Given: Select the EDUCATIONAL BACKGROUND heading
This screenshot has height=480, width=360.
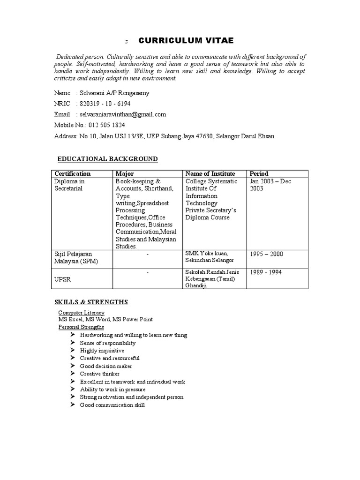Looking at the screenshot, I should click(x=107, y=159).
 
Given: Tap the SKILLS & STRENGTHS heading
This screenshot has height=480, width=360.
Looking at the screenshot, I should click(x=91, y=302).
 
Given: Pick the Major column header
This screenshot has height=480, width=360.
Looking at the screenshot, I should click(x=125, y=173).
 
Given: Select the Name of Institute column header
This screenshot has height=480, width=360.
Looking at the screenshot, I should click(x=210, y=173).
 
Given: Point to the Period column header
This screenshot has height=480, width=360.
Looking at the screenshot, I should click(x=259, y=173).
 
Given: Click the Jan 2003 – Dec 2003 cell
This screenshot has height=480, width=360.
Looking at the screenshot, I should click(x=271, y=185).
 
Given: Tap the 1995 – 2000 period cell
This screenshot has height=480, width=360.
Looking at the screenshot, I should click(x=267, y=254).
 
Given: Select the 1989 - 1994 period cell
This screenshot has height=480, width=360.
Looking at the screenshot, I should click(x=266, y=272).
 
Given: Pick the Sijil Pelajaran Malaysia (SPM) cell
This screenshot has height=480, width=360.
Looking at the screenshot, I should click(x=76, y=257).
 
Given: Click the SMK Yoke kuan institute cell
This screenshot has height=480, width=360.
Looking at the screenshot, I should click(x=210, y=256).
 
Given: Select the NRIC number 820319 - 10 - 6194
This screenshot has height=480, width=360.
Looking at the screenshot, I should click(x=105, y=104).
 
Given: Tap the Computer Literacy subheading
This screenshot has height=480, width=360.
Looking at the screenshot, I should click(x=81, y=313).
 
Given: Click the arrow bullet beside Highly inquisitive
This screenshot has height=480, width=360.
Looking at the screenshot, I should click(x=73, y=350).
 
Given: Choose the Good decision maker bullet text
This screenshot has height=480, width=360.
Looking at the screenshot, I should click(x=106, y=366).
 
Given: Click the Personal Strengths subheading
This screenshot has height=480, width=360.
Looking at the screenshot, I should click(x=81, y=327).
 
